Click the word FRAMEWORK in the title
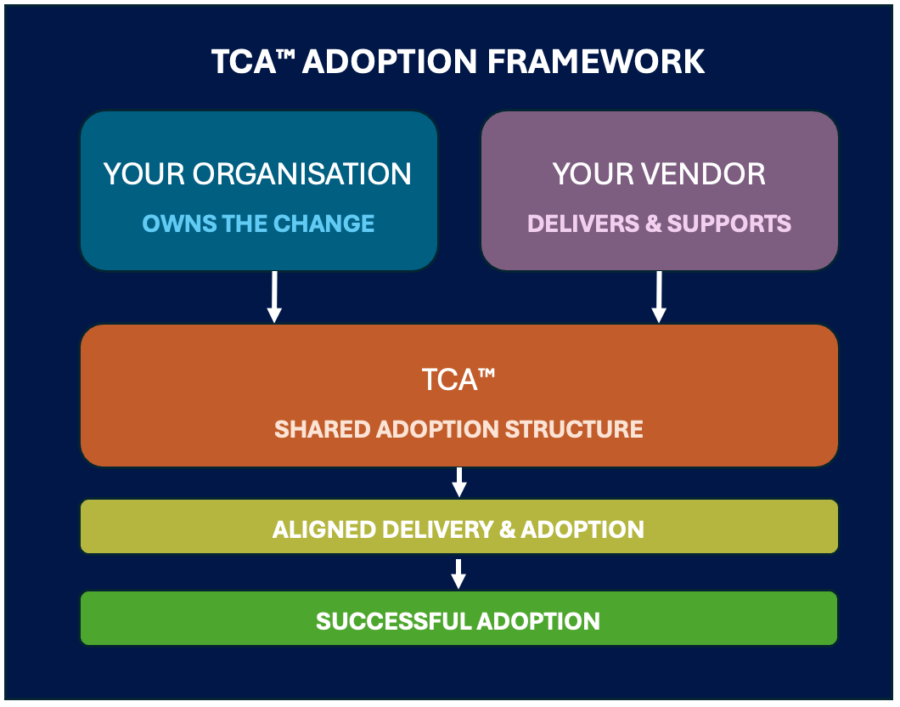point(596,61)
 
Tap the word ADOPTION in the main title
point(390,61)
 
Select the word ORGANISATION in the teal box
point(302,174)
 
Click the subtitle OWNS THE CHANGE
point(258,223)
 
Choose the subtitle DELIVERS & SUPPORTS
point(659,223)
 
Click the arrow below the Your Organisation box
point(274,297)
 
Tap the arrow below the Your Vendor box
point(659,297)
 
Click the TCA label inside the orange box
point(458,380)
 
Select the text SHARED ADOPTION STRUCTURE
point(458,429)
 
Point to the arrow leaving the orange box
point(459,482)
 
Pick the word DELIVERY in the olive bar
point(438,529)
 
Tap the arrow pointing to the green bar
point(458,574)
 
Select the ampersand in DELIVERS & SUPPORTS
point(653,223)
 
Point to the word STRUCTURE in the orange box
point(574,429)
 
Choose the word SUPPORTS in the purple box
point(729,223)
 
